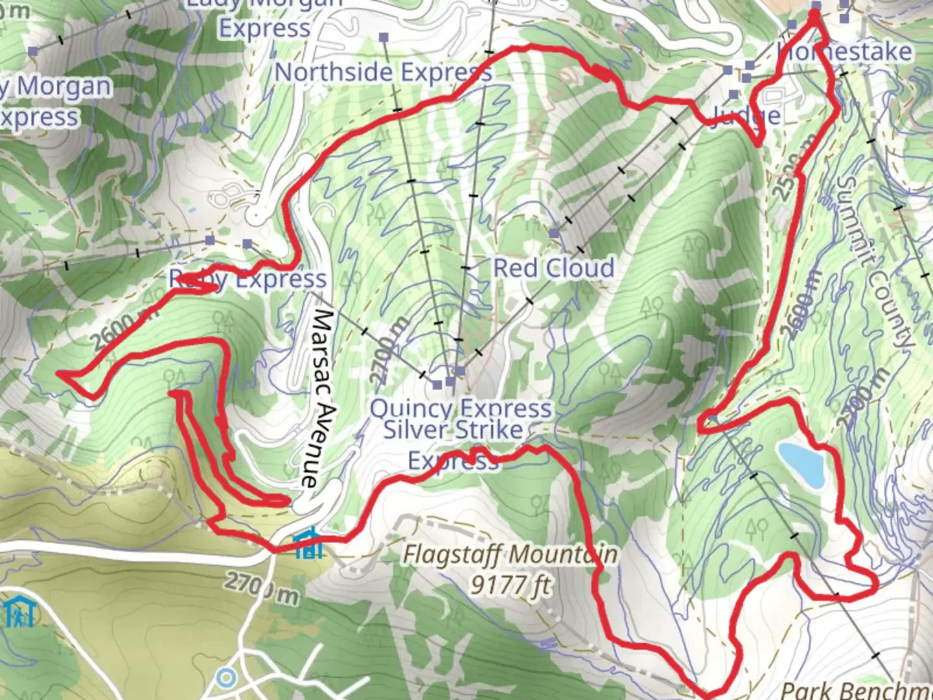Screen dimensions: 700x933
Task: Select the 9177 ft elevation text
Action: click(x=510, y=585)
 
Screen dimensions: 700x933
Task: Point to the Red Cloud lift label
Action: click(x=554, y=268)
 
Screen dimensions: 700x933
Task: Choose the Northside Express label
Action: click(x=383, y=72)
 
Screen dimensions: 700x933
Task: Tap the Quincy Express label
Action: click(x=460, y=408)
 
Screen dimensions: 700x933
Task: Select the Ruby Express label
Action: click(x=248, y=279)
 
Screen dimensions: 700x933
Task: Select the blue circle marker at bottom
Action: click(x=226, y=678)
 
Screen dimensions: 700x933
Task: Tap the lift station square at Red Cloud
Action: click(x=554, y=233)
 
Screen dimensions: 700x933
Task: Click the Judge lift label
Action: click(x=745, y=115)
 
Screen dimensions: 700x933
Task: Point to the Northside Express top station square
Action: click(x=384, y=38)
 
